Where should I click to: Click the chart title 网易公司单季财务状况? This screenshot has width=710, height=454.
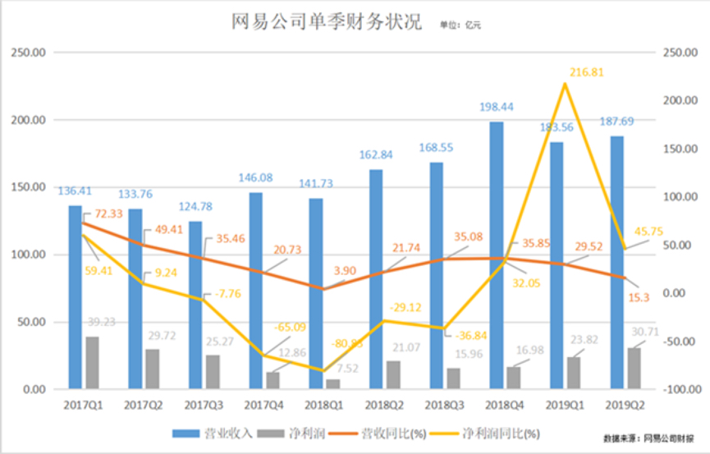point(327,22)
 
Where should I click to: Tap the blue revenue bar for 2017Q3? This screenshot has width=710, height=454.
point(195,304)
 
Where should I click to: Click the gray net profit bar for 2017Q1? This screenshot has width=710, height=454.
point(92,362)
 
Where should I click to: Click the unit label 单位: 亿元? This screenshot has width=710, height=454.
point(460,25)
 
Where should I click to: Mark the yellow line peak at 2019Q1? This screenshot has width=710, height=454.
point(565,83)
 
